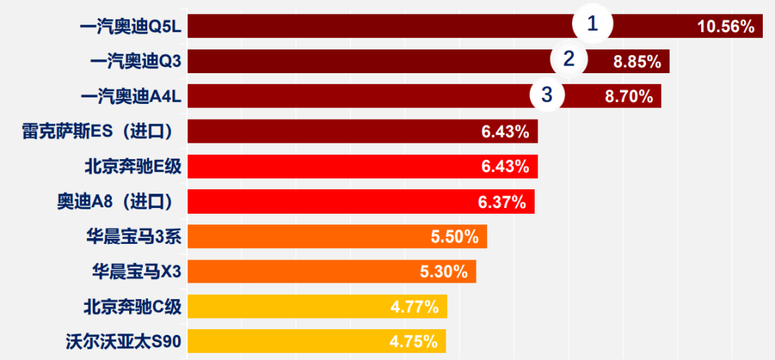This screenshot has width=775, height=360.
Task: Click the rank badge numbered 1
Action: pyautogui.click(x=592, y=24)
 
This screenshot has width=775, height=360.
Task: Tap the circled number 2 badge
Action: pyautogui.click(x=569, y=60)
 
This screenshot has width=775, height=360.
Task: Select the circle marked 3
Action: pyautogui.click(x=548, y=94)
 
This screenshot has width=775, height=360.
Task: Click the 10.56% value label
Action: pyautogui.click(x=725, y=27)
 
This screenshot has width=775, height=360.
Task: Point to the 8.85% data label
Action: pyautogui.click(x=637, y=62)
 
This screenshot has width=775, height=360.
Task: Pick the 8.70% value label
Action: pyautogui.click(x=629, y=96)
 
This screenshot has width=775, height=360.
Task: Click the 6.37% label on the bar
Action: pyautogui.click(x=502, y=202)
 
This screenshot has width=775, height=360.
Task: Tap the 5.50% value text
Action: pyautogui.click(x=454, y=237)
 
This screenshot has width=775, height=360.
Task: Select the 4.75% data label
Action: pyautogui.click(x=414, y=341)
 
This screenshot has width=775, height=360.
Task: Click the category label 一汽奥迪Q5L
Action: pyautogui.click(x=131, y=27)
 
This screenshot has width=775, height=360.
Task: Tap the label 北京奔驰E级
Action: pyautogui.click(x=133, y=167)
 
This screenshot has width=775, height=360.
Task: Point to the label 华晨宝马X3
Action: pyautogui.click(x=136, y=272)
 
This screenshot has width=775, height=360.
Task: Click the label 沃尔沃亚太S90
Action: pyautogui.click(x=123, y=341)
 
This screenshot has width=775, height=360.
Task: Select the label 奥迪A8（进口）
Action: pyautogui.click(x=116, y=202)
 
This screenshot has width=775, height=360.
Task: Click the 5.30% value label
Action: pyautogui.click(x=443, y=272)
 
